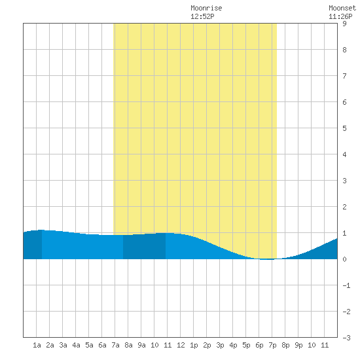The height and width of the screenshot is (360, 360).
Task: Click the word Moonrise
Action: (x=206, y=8)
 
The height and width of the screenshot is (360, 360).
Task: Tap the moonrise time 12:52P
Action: (x=202, y=16)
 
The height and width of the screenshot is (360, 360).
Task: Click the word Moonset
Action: (x=342, y=8)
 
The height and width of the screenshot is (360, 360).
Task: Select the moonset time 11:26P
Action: (x=340, y=16)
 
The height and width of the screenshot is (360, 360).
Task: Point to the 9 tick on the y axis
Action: (x=344, y=24)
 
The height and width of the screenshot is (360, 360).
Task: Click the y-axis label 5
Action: (x=344, y=128)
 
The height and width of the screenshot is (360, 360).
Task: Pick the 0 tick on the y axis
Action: (x=344, y=259)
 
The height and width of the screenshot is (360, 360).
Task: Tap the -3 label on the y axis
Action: (x=346, y=338)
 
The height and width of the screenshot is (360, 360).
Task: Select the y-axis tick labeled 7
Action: (x=344, y=76)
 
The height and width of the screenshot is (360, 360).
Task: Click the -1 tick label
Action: (x=346, y=285)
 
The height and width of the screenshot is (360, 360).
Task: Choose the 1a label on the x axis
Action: (x=37, y=345)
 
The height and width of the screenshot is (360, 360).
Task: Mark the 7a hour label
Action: (x=115, y=345)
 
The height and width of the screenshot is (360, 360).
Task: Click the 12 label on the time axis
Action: (x=181, y=345)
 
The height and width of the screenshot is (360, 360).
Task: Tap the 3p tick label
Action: (x=220, y=345)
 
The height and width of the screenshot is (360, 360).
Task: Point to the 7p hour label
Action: (x=272, y=345)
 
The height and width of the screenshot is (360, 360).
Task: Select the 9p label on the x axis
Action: (x=298, y=345)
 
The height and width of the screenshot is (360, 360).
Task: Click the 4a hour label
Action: (x=76, y=345)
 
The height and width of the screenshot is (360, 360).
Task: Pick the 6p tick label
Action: (x=259, y=345)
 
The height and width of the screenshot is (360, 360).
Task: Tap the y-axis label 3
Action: (x=344, y=181)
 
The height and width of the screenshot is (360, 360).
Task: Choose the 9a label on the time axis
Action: (x=141, y=345)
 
